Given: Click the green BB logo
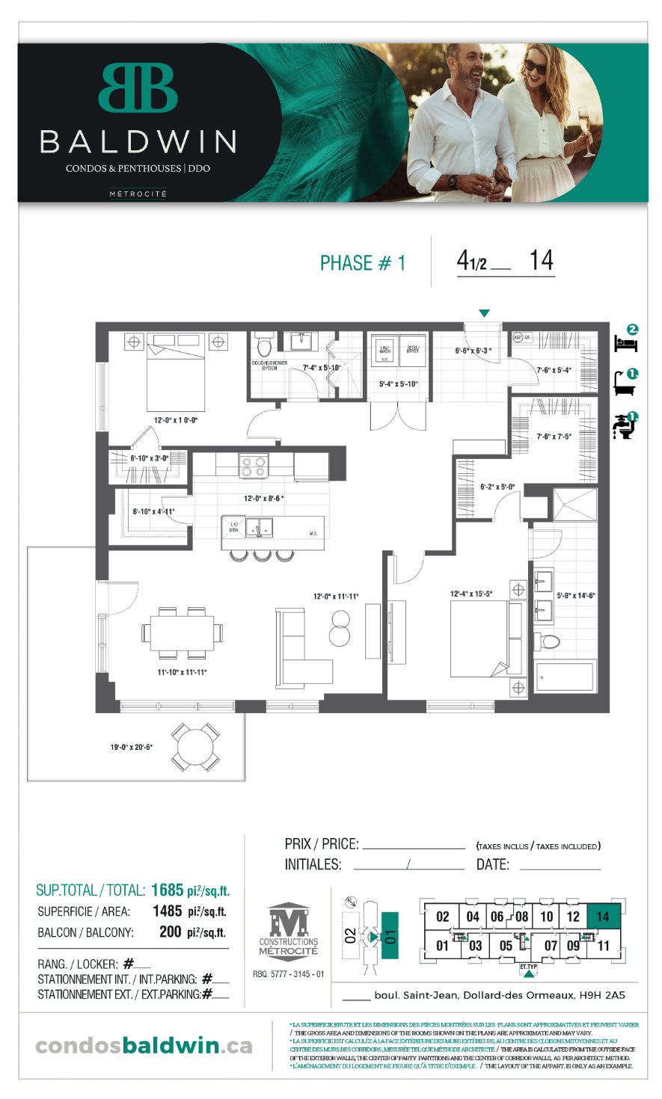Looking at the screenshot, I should tap(138, 87).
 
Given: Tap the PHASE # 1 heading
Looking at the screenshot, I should tap(362, 263).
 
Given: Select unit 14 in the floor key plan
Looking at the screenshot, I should tap(603, 917).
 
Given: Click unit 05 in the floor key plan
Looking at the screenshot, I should tap(506, 946).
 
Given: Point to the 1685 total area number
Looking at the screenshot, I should tap(167, 890).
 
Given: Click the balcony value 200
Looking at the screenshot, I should tap(171, 932).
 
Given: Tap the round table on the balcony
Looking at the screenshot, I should tap(194, 747).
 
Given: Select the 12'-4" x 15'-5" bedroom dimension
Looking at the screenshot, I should tap(471, 594).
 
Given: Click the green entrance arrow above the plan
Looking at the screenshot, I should tap(485, 313).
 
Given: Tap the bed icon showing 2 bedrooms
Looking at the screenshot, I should tap(626, 340).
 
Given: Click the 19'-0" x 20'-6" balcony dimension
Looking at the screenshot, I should tap(132, 747).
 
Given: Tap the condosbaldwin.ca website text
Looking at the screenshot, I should tap(144, 1045).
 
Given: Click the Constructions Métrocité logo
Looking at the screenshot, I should tap(289, 930).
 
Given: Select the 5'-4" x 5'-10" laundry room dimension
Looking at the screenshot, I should tap(398, 384).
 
